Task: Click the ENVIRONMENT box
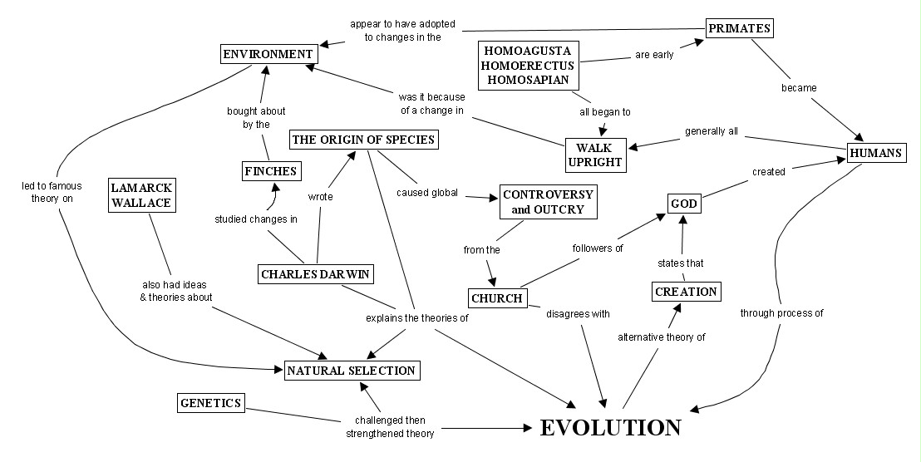point(268,55)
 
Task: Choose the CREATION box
point(685,292)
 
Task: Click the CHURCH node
point(496,298)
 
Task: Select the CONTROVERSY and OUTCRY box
point(549,201)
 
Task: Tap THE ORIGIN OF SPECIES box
point(363,140)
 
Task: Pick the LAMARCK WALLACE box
point(140,194)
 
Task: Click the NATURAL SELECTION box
point(350,370)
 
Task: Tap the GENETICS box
point(211,403)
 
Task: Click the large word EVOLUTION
point(611,428)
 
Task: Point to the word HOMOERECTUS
point(528,66)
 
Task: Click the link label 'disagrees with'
point(578,314)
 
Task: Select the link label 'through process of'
point(781,313)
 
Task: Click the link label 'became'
point(799,87)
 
